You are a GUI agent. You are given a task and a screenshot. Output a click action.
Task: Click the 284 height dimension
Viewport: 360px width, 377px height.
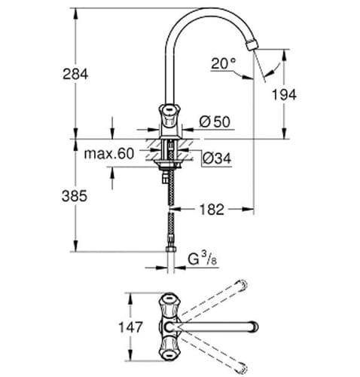pyautogui.click(x=76, y=74)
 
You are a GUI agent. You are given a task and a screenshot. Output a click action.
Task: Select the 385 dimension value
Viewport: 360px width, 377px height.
pyautogui.click(x=76, y=195)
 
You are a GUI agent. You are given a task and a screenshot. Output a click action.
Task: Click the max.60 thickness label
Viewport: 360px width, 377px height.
pyautogui.click(x=108, y=154)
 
